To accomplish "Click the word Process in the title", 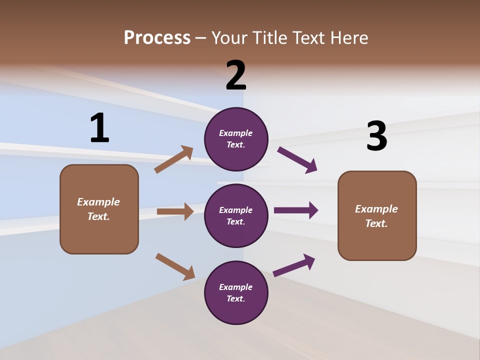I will click(x=157, y=38).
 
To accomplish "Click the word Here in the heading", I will click(x=348, y=38).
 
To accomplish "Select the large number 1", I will click(x=99, y=128).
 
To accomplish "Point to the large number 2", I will click(x=236, y=75).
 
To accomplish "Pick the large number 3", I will click(x=376, y=136).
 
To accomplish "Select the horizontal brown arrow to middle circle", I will click(x=175, y=211).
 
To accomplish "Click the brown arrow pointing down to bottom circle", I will click(x=175, y=266).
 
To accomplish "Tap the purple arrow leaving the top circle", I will click(x=297, y=159).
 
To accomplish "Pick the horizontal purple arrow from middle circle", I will click(x=296, y=210).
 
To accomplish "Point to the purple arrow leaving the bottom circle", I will click(x=294, y=265).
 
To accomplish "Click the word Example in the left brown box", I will click(x=98, y=202).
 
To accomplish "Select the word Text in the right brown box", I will click(x=376, y=223).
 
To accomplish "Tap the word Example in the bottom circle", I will click(x=236, y=287).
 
